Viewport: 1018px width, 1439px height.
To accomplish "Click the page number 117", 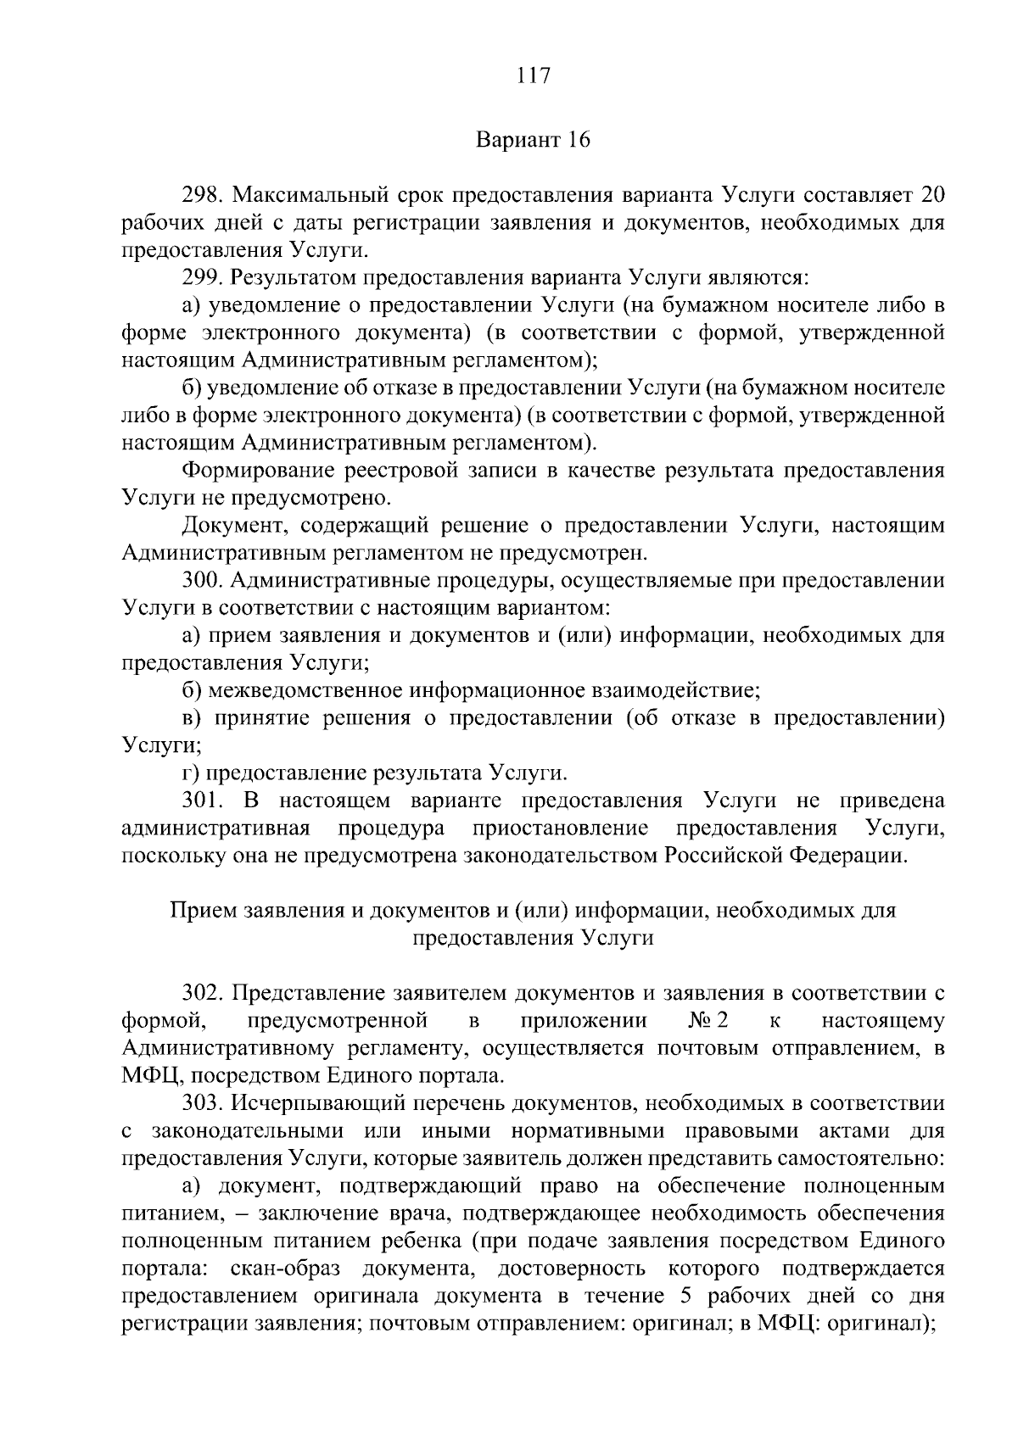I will click(534, 76).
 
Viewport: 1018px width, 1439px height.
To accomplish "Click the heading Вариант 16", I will click(533, 140).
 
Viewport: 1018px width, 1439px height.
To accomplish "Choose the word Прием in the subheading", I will click(204, 912).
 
